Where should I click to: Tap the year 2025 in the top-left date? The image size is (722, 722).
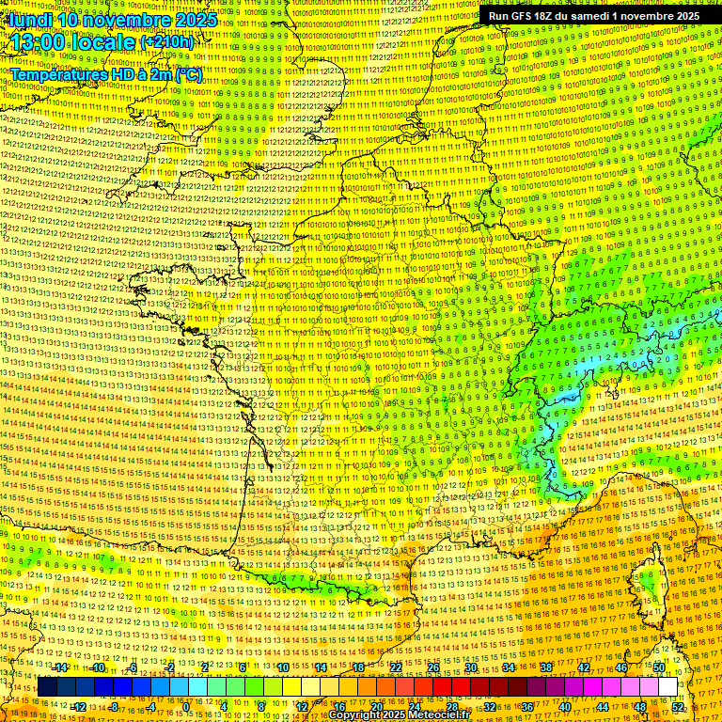click(194, 20)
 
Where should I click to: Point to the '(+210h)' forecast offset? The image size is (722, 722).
click(166, 42)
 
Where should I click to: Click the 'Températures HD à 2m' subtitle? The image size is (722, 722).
click(94, 73)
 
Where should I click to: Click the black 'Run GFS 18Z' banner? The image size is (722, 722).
click(593, 16)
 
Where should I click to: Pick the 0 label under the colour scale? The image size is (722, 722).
click(186, 707)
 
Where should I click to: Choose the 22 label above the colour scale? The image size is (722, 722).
click(396, 667)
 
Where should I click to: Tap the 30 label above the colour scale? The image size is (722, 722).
click(470, 667)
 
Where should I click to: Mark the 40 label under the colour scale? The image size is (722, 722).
click(564, 707)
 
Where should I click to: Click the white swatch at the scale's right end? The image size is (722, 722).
click(667, 687)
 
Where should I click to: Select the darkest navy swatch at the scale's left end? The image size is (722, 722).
click(46, 687)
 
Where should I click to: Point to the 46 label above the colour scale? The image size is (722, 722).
click(620, 667)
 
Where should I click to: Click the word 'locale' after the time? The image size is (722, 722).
click(107, 42)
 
